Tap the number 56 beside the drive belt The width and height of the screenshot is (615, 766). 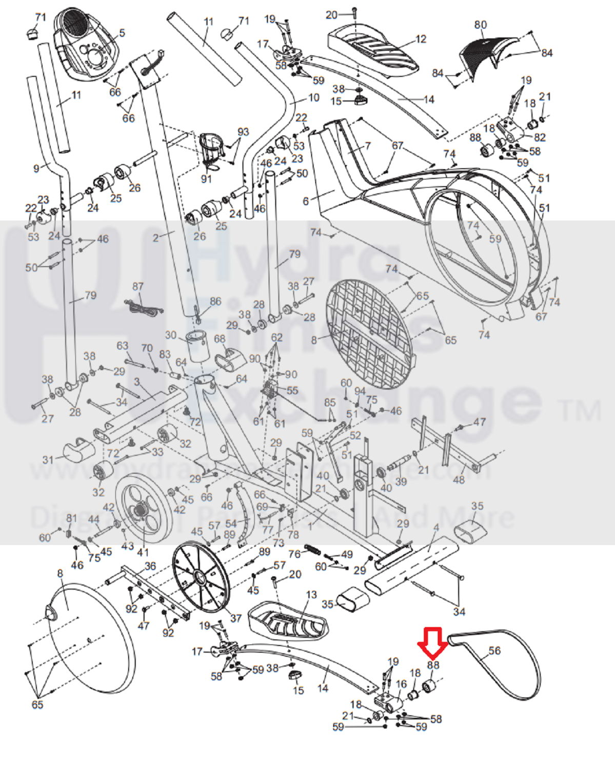(x=494, y=651)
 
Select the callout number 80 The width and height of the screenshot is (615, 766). (x=480, y=25)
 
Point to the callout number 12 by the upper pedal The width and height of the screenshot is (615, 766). (x=421, y=39)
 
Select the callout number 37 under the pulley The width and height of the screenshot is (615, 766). (x=235, y=618)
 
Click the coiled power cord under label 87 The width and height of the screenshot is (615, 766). (x=143, y=307)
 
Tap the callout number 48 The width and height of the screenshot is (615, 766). (x=459, y=479)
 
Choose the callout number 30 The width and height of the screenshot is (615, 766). (x=171, y=335)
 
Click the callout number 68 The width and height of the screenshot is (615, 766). (x=220, y=339)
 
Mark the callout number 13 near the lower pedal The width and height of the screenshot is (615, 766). (x=311, y=595)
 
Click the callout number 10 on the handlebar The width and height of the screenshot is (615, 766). (x=313, y=97)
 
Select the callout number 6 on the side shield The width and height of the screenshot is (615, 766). (x=306, y=201)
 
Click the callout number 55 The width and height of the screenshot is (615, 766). (x=292, y=390)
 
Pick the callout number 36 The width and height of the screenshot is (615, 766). (x=150, y=566)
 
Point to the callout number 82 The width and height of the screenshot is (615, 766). (x=540, y=137)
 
